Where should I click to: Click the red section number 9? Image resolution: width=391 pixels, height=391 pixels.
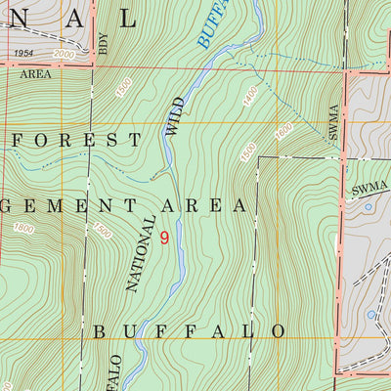coord(164,238)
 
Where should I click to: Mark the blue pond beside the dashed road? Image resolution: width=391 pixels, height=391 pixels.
coord(370,314)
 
